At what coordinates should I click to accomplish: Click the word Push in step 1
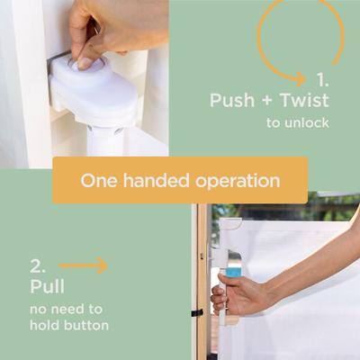click(x=232, y=100)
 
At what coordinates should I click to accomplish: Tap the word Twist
click(x=304, y=100)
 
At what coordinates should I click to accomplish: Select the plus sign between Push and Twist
click(x=267, y=101)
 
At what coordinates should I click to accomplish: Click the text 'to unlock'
click(x=298, y=122)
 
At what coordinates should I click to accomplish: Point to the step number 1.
click(x=323, y=80)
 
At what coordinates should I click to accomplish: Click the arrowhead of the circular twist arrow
click(x=300, y=79)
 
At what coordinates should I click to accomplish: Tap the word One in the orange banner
click(x=99, y=181)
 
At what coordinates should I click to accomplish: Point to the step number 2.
click(x=38, y=265)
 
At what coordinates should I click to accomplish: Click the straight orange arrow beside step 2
click(x=83, y=265)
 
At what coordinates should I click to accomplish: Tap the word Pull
click(x=47, y=286)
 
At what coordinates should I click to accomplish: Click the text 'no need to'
click(x=66, y=309)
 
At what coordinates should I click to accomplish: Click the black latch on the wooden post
click(x=197, y=313)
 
